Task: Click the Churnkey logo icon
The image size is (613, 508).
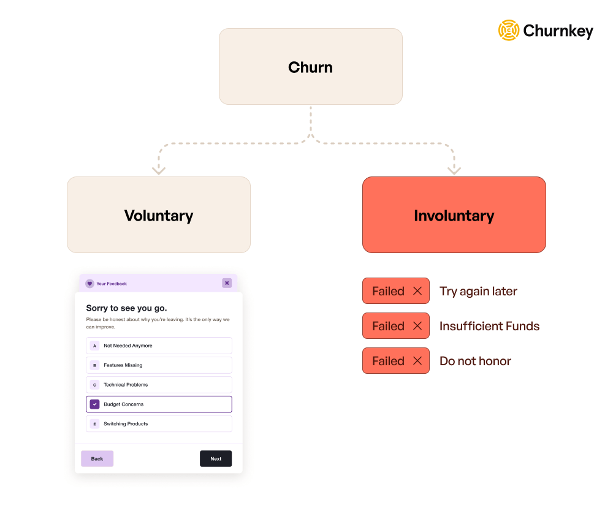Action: point(509,30)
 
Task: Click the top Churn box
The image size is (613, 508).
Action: point(310,66)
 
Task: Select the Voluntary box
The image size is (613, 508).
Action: point(159,214)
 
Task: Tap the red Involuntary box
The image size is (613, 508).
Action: point(454,214)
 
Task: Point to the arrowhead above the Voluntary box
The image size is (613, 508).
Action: point(159,171)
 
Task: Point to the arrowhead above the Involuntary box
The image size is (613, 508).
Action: point(454,171)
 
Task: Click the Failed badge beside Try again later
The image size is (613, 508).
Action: point(395,290)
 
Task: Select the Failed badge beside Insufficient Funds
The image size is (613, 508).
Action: point(395,325)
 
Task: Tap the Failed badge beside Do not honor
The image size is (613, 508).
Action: point(395,361)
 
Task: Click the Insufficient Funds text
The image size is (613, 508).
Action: point(489,326)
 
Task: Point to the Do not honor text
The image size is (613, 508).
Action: point(475,361)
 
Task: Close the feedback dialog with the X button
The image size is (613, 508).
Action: point(227,283)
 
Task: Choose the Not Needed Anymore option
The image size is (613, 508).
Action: point(159,346)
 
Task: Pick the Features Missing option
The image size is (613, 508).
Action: point(159,365)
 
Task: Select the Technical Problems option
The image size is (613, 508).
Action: point(159,384)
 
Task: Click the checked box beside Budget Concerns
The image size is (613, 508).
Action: point(94,404)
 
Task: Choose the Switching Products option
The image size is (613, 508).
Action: point(159,423)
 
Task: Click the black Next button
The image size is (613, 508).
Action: point(216,458)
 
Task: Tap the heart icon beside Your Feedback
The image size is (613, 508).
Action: point(89,283)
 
